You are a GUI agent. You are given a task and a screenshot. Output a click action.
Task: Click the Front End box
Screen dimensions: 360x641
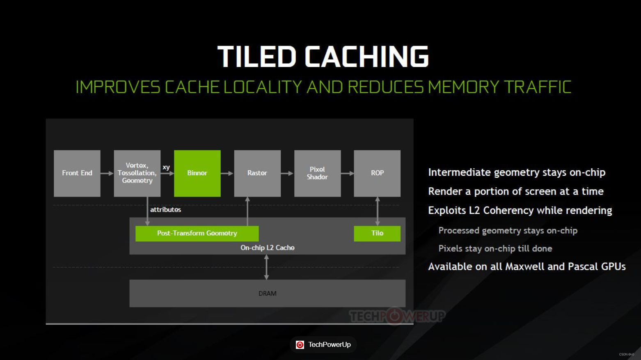point(77,173)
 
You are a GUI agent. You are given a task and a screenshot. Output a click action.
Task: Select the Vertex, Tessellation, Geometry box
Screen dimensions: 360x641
point(137,173)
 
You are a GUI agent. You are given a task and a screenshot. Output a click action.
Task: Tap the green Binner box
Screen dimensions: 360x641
point(197,173)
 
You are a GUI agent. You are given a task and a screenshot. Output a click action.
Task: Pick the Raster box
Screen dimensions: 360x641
point(257,173)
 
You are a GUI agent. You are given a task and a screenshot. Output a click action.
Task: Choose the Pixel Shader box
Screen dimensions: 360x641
point(317,173)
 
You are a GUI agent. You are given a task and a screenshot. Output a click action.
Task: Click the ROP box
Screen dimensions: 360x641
point(377,173)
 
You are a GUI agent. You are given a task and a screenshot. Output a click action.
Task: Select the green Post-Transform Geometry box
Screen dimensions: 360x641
point(197,233)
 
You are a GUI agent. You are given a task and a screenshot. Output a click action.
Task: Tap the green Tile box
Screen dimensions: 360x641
point(377,233)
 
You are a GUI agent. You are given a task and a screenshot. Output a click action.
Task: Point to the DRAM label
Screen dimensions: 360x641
point(267,294)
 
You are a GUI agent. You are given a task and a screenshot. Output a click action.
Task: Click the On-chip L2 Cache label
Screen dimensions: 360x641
point(267,248)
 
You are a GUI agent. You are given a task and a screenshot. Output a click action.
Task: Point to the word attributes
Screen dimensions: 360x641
point(165,210)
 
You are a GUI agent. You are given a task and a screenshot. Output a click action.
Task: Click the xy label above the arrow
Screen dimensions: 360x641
point(166,167)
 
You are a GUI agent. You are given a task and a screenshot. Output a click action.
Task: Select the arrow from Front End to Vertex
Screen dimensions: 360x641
point(107,173)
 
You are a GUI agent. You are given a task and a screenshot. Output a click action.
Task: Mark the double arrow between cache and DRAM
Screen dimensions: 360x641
point(266,267)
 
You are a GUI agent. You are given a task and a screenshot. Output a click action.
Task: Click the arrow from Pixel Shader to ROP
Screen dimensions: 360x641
point(347,173)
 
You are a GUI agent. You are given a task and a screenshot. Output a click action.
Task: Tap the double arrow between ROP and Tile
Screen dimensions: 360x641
point(378,211)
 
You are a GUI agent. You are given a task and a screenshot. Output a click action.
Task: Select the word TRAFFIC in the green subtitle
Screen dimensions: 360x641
point(537,87)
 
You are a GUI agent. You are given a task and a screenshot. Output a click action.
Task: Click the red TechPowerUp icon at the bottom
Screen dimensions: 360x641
point(300,345)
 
